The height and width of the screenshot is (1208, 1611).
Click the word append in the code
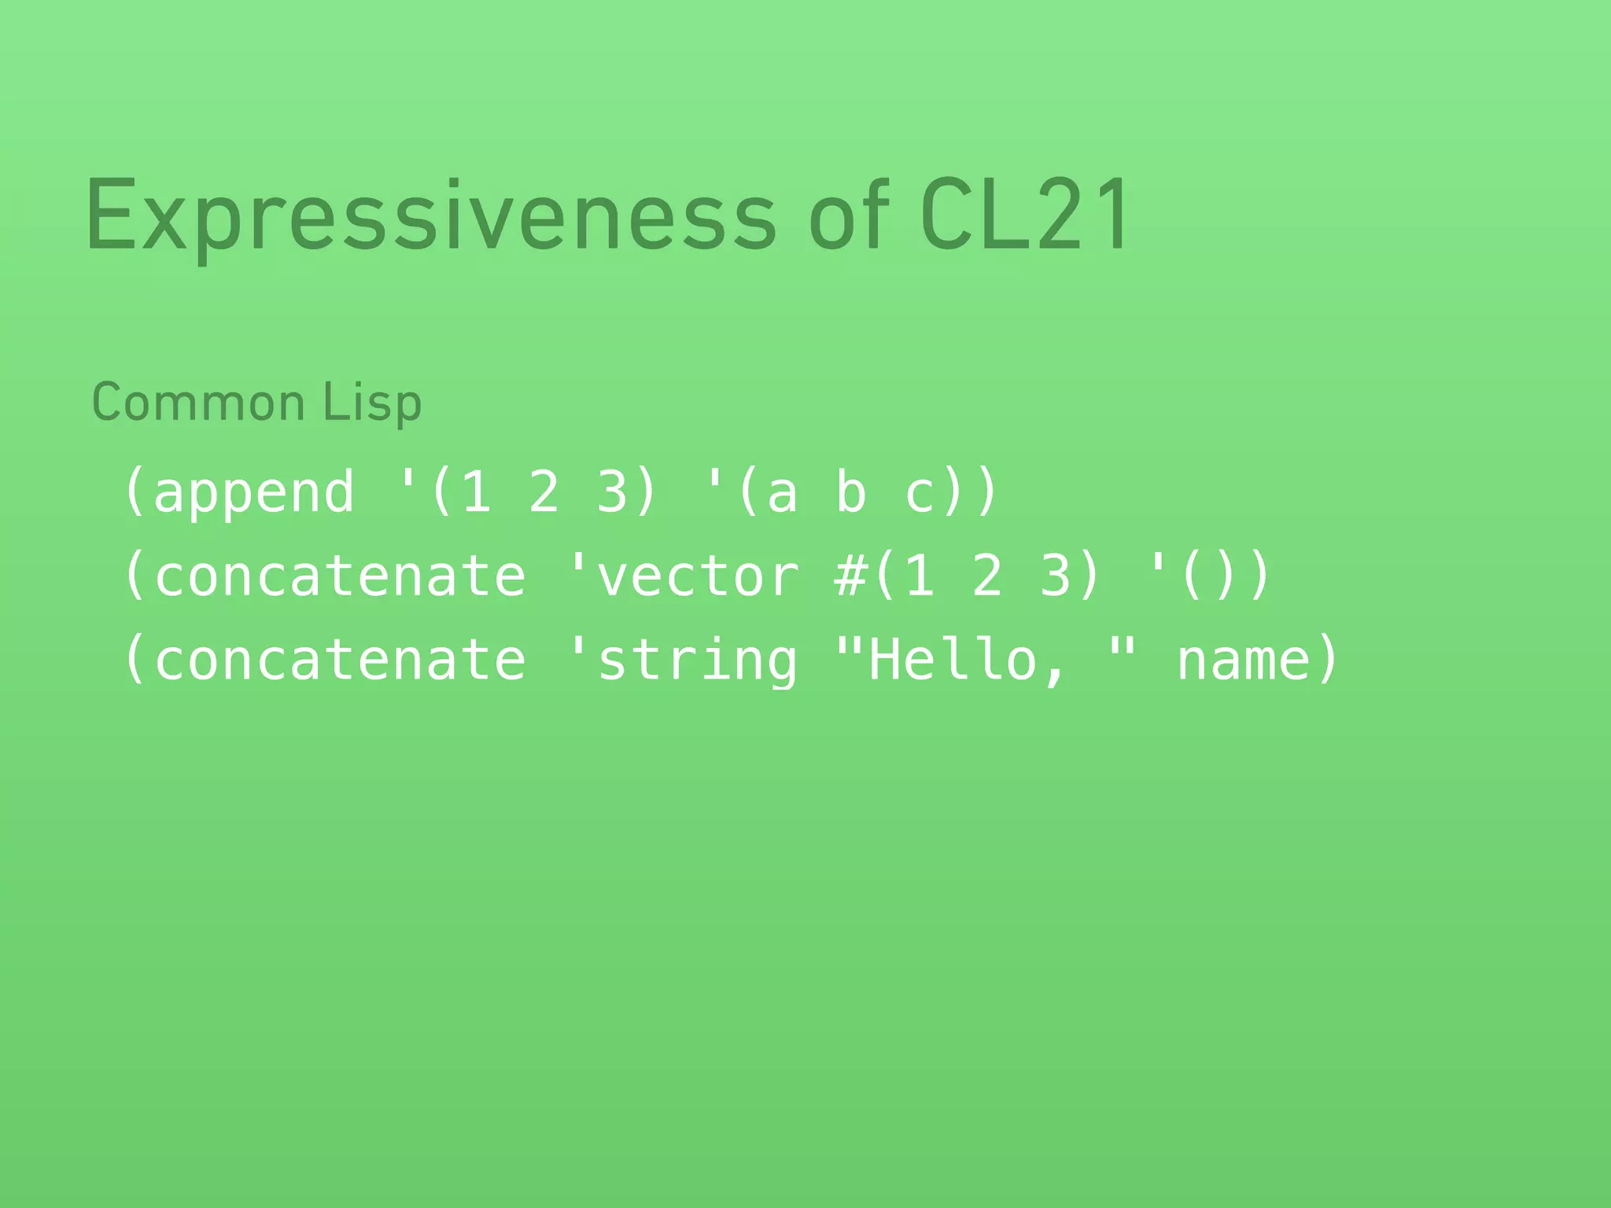tap(253, 492)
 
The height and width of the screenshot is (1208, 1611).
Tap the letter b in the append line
tap(850, 492)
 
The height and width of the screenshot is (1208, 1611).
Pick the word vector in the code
tap(697, 576)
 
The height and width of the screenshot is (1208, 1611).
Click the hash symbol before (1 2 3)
tap(850, 576)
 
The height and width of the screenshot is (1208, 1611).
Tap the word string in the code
tap(697, 661)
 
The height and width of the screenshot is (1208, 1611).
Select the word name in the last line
tap(1243, 661)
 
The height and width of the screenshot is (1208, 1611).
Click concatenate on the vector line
tap(340, 576)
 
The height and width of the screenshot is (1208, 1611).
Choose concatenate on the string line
tap(340, 661)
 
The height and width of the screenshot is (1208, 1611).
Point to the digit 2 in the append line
tap(544, 492)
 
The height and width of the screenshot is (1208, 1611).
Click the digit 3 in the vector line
tap(1056, 576)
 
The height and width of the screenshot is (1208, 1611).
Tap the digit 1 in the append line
tap(476, 492)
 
